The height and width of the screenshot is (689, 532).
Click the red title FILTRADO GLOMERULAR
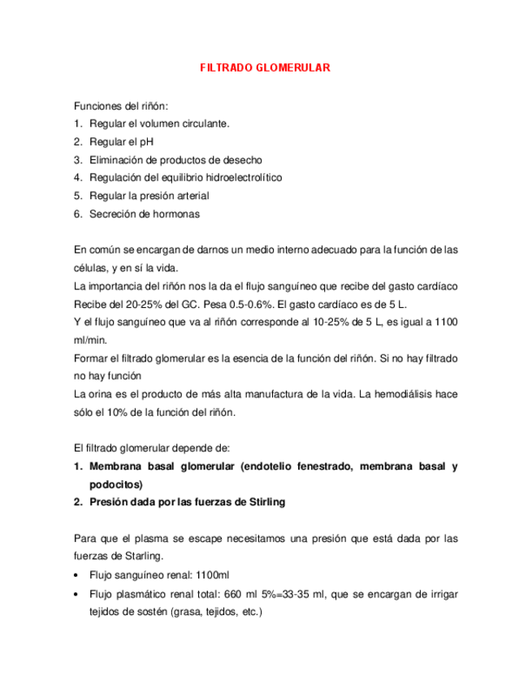265,68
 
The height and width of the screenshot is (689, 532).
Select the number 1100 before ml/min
446,322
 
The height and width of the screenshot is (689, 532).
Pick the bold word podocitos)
116,484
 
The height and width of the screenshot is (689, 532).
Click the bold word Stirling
259,502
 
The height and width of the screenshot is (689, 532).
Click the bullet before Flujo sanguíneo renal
76,574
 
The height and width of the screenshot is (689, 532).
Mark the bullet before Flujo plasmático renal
76,593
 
